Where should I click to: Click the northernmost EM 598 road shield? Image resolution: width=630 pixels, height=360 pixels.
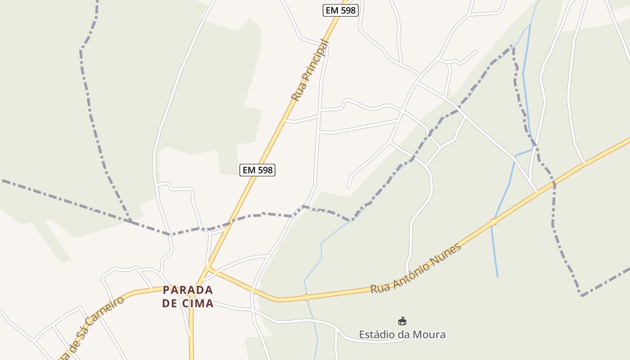click(341, 10)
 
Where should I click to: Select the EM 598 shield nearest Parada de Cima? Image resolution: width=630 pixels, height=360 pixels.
click(257, 170)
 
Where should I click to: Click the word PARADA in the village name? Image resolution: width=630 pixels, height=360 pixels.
click(188, 290)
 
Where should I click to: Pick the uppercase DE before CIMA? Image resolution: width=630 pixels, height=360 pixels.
click(170, 303)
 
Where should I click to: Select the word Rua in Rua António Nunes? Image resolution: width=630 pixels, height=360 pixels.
click(378, 287)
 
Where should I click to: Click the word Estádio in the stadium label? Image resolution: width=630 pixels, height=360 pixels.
click(377, 334)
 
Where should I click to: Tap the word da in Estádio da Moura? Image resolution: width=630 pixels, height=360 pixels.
click(403, 334)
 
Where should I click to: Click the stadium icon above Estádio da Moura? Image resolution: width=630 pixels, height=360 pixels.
click(402, 321)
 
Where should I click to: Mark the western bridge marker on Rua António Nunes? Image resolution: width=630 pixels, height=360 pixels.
click(306, 297)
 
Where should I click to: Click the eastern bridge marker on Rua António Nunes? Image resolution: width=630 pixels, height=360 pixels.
click(493, 222)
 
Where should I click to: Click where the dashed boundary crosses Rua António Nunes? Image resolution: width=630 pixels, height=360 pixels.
click(554, 184)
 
